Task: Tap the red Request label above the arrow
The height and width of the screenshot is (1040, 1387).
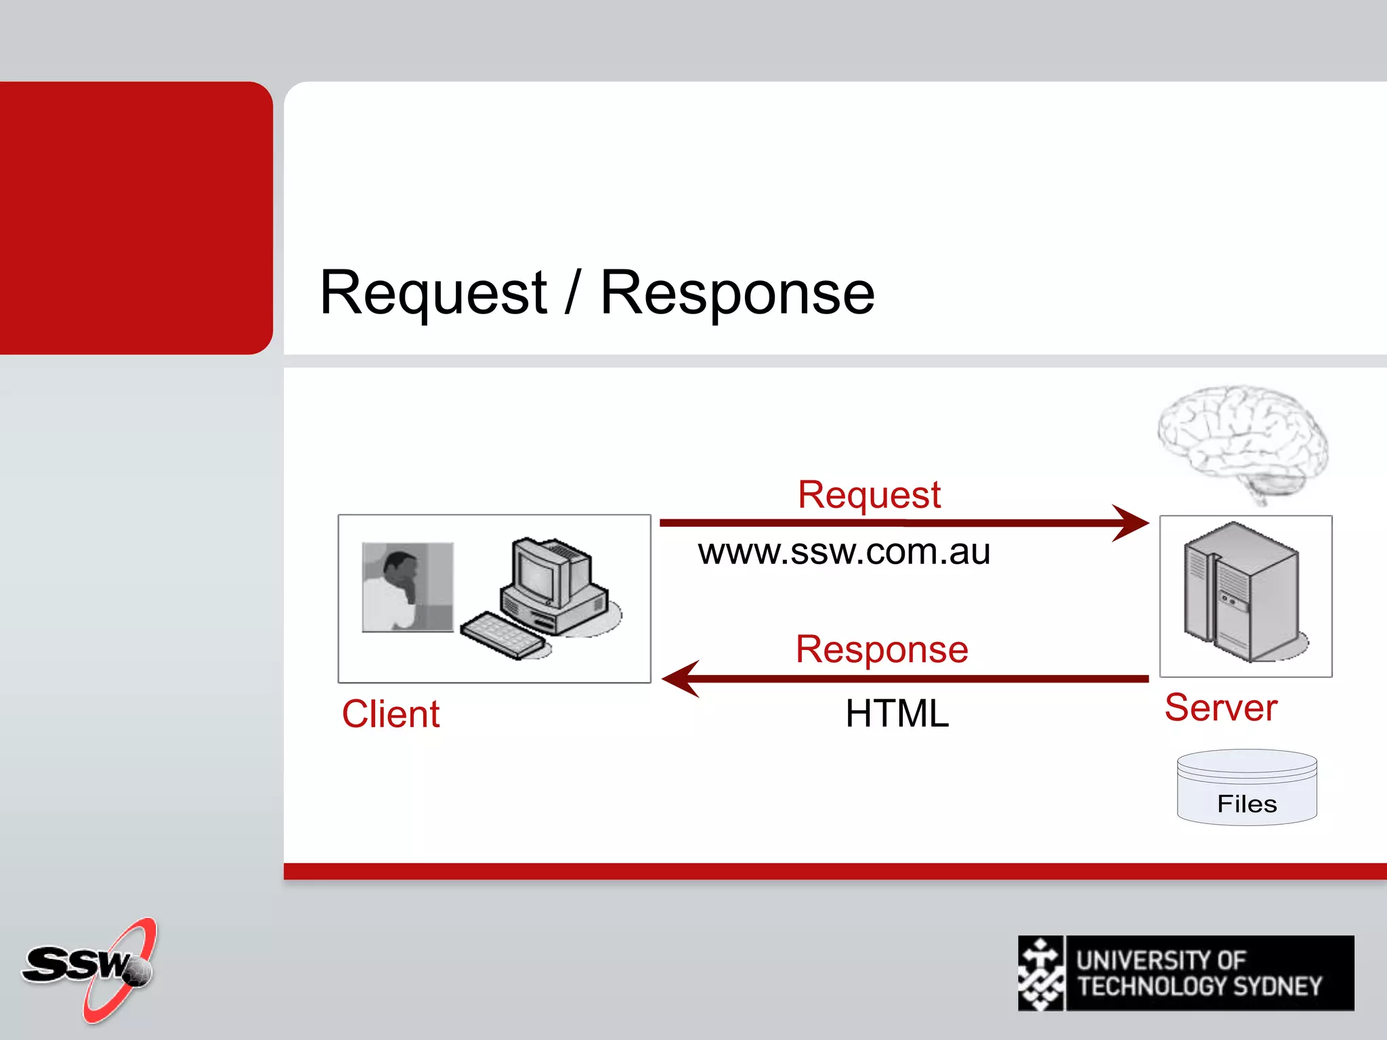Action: pyautogui.click(x=869, y=494)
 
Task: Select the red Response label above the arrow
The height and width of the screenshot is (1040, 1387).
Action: pyautogui.click(x=882, y=649)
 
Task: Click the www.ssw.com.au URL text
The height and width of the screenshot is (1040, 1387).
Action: pyautogui.click(x=844, y=551)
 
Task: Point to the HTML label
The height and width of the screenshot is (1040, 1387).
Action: pyautogui.click(x=897, y=714)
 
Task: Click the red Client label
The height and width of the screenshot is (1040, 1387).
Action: pyautogui.click(x=391, y=714)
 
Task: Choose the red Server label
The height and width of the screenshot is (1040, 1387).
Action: pyautogui.click(x=1220, y=708)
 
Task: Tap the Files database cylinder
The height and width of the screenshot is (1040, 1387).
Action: pyautogui.click(x=1247, y=788)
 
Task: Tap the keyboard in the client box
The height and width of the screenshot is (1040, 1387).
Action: pyautogui.click(x=502, y=634)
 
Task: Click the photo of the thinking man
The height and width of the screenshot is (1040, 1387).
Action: pyautogui.click(x=408, y=587)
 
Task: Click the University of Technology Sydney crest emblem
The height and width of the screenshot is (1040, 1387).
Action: pyautogui.click(x=1041, y=974)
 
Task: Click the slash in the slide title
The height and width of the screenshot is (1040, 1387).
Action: pyautogui.click(x=573, y=292)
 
